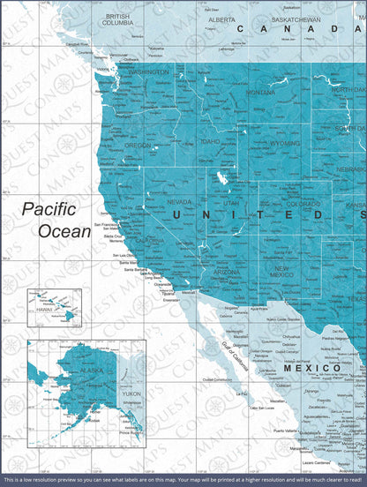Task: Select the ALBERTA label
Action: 221,19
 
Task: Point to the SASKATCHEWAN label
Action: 296,19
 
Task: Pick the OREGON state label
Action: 138,146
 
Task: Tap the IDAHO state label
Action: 209,141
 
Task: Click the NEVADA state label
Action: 179,202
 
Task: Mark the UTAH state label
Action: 230,203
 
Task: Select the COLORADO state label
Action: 303,204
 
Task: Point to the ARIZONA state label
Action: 225,273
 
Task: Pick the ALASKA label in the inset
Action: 66,372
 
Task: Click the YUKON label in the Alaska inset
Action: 131,394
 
